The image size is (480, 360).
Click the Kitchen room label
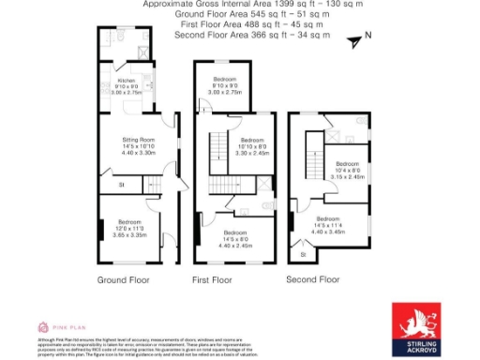tap(127, 67)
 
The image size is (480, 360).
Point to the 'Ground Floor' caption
tap(123, 280)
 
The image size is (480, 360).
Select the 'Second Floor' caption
tap(312, 279)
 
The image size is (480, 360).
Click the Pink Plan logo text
tap(62, 326)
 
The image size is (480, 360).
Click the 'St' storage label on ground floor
tap(121, 186)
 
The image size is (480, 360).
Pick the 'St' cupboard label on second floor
tap(303, 254)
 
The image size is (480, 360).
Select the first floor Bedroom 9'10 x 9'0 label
tap(224, 79)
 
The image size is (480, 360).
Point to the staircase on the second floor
tap(307, 155)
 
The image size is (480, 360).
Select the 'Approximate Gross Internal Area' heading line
tap(239, 5)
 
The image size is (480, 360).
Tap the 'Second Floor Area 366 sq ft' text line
tap(252, 35)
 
